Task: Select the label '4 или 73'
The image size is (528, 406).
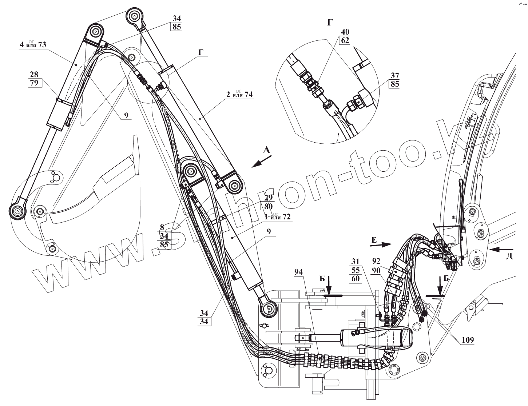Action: [x=32, y=45]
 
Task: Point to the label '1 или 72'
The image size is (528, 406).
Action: [x=277, y=217]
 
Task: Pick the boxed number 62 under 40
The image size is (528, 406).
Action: [x=345, y=40]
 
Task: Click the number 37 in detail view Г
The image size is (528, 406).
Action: [x=395, y=76]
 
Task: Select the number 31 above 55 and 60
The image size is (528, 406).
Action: [x=356, y=261]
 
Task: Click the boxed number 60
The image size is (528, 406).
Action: [x=356, y=279]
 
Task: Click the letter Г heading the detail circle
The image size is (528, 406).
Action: [x=330, y=23]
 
